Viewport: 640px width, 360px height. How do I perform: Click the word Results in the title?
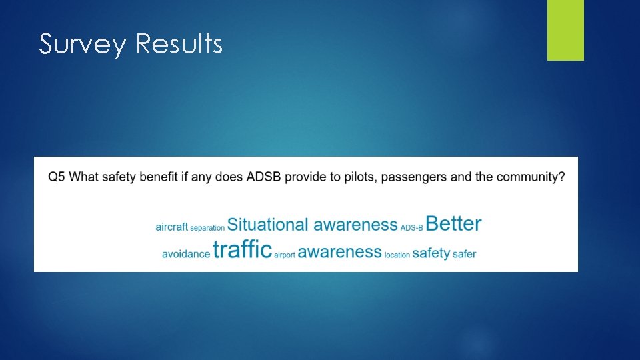tap(179, 44)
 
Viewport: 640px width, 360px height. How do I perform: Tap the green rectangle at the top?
tap(565, 30)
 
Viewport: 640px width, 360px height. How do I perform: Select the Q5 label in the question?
tap(57, 177)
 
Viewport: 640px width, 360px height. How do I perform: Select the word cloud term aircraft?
tap(172, 227)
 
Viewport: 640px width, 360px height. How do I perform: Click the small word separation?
tap(207, 228)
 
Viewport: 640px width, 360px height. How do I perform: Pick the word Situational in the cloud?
tap(268, 225)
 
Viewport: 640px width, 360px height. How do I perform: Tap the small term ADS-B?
tap(411, 228)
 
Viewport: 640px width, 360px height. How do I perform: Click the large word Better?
tap(453, 223)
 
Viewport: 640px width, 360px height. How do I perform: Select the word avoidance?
tap(186, 254)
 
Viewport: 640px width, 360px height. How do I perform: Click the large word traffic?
tap(242, 250)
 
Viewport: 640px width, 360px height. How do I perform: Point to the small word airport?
tap(284, 255)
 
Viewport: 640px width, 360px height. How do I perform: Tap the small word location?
tap(397, 255)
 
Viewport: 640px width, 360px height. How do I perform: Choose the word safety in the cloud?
tap(431, 253)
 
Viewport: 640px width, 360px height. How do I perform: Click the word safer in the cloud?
tap(464, 254)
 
